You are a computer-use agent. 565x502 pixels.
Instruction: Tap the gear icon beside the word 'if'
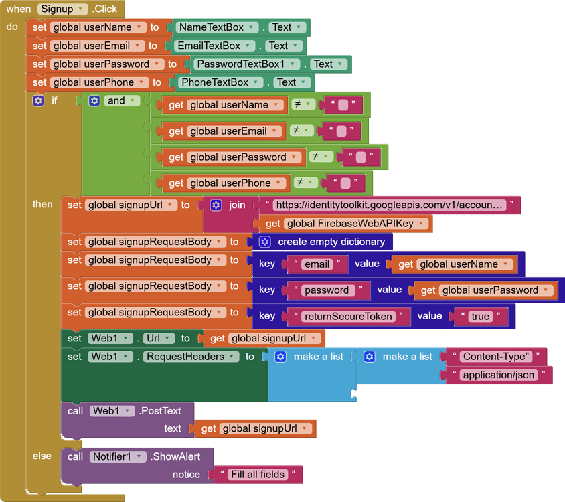[x=38, y=101]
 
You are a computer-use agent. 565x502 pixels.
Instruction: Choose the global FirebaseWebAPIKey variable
[x=355, y=224]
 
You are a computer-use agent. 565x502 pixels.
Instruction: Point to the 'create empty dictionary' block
[x=331, y=242]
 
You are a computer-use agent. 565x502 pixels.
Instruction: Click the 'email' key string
[x=317, y=264]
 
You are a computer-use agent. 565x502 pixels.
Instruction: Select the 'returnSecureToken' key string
[x=347, y=317]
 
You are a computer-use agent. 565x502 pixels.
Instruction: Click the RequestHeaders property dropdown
[x=191, y=357]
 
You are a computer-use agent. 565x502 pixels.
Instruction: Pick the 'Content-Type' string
[x=495, y=357]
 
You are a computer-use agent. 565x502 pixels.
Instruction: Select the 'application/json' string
[x=498, y=375]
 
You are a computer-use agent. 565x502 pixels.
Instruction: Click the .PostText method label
[x=157, y=411]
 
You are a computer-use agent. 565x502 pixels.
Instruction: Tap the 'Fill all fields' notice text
[x=258, y=475]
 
